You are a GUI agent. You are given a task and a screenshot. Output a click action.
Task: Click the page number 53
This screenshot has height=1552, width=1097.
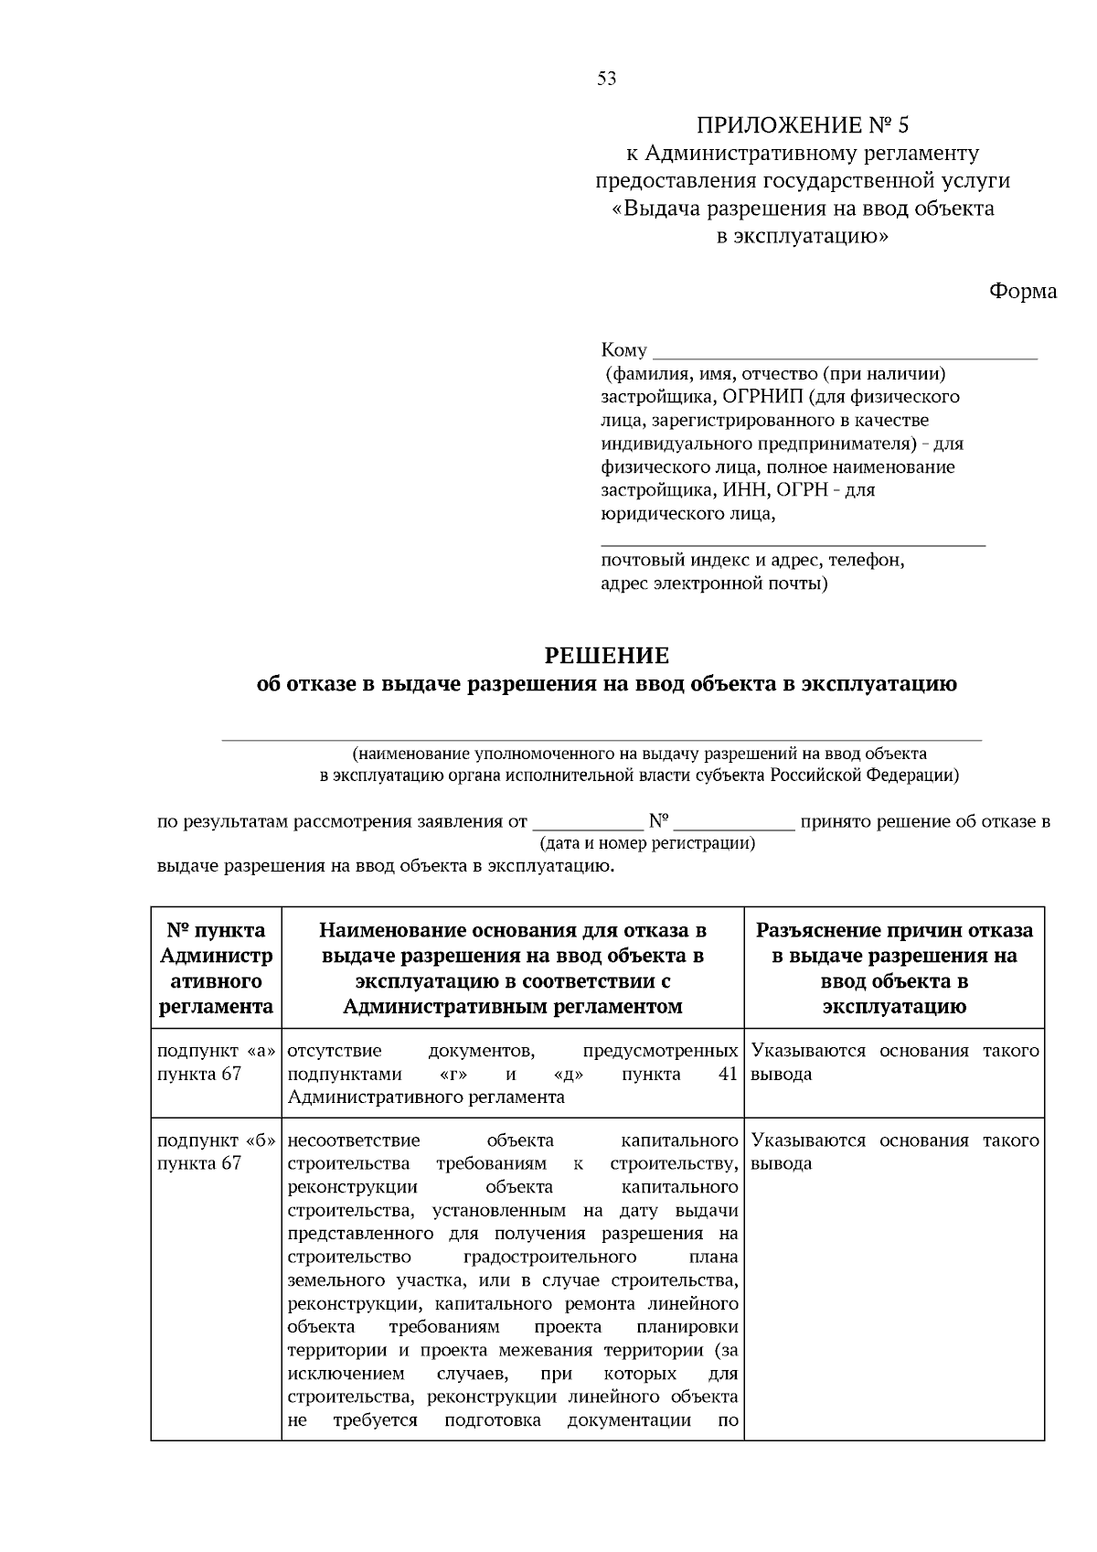click(x=607, y=79)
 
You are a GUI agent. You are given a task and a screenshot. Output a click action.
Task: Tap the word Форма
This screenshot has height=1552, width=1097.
click(x=1022, y=291)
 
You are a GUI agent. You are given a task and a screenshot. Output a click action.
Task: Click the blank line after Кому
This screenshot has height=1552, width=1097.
click(x=846, y=351)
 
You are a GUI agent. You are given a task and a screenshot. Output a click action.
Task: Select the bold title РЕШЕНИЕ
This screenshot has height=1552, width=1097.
click(x=607, y=655)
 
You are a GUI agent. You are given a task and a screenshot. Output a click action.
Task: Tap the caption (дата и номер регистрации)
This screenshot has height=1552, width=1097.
click(x=647, y=843)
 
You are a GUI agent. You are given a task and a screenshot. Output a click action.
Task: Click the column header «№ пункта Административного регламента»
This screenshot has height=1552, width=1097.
click(x=217, y=969)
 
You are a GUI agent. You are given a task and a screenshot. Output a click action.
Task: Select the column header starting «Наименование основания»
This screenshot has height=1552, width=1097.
click(x=513, y=969)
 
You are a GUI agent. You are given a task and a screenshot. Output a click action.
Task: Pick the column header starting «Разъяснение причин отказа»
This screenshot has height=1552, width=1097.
click(x=894, y=969)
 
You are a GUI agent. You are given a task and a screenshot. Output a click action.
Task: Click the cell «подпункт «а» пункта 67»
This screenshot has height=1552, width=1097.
click(x=217, y=1063)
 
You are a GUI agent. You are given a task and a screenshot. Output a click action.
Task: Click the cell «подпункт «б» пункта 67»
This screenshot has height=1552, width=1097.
click(x=217, y=1152)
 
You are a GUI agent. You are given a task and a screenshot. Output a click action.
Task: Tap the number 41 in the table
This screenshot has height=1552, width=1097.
click(x=728, y=1074)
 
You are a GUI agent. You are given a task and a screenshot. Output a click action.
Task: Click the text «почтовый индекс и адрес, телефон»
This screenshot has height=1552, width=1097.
click(x=752, y=560)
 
